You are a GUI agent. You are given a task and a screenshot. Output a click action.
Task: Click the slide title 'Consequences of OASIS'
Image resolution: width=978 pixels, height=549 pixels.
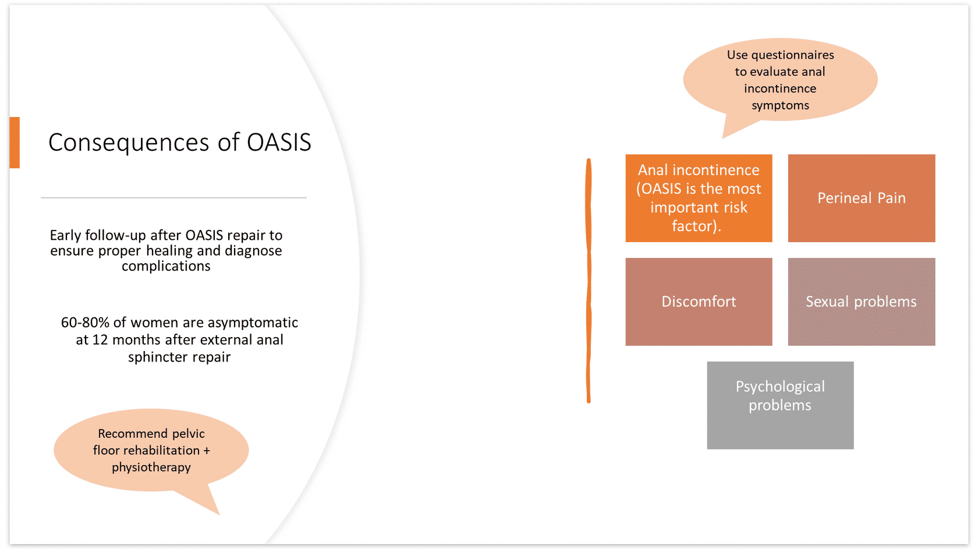[x=179, y=142]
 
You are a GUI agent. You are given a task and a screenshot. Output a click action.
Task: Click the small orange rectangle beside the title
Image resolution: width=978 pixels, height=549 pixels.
[x=15, y=143]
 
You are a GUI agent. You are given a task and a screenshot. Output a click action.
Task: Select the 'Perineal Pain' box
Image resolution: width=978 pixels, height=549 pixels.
[x=861, y=198]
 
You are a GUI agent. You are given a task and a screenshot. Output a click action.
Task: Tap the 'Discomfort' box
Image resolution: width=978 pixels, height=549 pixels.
[x=699, y=302]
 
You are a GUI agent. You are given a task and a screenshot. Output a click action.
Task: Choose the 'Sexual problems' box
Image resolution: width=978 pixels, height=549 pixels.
[x=861, y=302]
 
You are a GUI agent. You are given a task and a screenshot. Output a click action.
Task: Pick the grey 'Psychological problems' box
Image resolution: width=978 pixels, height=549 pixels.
[x=780, y=405]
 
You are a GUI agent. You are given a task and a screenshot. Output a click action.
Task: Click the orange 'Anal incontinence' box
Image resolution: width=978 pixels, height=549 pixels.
[x=699, y=198]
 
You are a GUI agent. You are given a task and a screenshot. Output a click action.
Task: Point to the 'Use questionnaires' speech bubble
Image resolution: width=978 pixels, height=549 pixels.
[x=780, y=80]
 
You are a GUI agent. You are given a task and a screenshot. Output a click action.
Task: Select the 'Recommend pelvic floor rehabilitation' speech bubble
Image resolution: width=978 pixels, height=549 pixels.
[x=151, y=450]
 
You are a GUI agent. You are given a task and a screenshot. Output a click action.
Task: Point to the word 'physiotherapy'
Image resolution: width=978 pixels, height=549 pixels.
[x=151, y=467]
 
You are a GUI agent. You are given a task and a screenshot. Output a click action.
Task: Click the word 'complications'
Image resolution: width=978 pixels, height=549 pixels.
[x=166, y=266]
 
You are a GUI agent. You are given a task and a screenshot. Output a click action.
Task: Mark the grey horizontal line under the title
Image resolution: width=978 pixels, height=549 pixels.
[x=173, y=198]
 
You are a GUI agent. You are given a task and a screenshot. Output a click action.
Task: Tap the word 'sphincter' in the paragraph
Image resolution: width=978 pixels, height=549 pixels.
[x=154, y=357]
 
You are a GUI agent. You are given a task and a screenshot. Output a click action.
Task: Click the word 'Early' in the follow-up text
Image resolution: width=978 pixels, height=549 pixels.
[x=65, y=235]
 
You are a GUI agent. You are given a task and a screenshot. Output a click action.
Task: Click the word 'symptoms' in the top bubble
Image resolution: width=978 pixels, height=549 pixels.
[x=780, y=105]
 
